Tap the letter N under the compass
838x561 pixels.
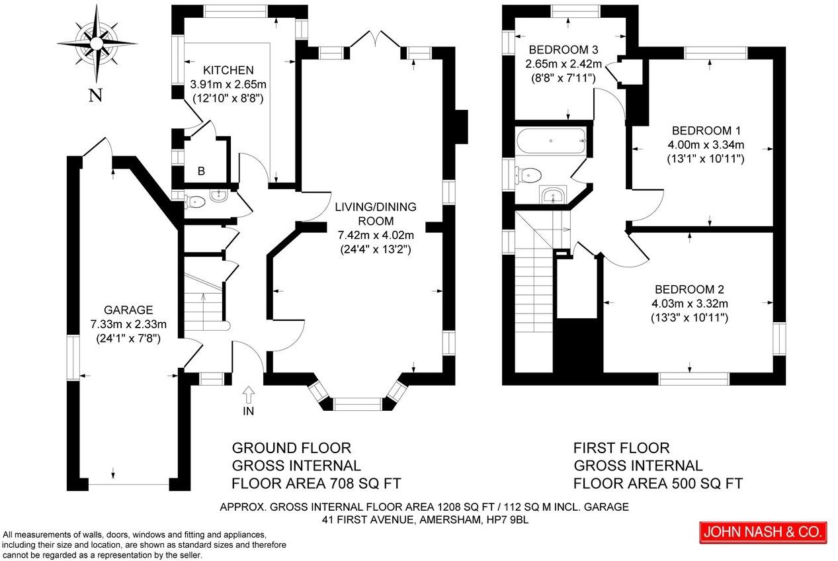click(96, 96)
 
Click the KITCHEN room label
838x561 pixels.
click(228, 70)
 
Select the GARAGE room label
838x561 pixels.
click(128, 310)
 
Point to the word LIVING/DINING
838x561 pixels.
click(376, 207)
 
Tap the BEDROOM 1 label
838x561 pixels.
click(706, 130)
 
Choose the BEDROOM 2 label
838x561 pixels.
click(689, 289)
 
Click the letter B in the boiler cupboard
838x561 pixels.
click(201, 171)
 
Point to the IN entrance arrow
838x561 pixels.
click(249, 396)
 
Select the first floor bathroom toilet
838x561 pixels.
click(530, 174)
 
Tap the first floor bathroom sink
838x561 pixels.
click(554, 194)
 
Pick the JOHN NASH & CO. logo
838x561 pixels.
click(763, 531)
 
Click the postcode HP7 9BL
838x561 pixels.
click(508, 520)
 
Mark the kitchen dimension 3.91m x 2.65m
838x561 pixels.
click(228, 85)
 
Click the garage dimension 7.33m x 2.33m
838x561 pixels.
click(128, 324)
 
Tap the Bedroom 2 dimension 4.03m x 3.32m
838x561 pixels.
click(689, 304)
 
